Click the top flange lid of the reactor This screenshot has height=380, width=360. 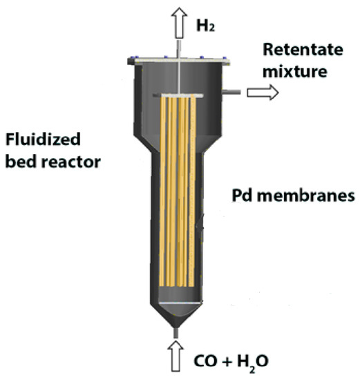[180, 61]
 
